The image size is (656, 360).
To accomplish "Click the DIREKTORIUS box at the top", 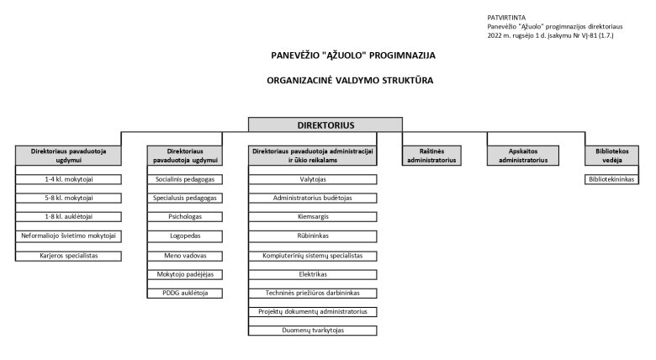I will pyautogui.click(x=314, y=124).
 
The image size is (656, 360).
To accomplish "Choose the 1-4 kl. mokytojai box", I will pyautogui.click(x=70, y=179).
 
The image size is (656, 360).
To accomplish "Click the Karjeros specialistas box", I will pyautogui.click(x=70, y=255).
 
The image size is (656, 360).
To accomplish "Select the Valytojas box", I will pyautogui.click(x=313, y=179).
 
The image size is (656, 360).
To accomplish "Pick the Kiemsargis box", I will pyautogui.click(x=313, y=217).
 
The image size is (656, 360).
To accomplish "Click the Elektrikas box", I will pyautogui.click(x=313, y=273).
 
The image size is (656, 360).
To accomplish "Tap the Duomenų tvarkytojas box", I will pyautogui.click(x=313, y=331).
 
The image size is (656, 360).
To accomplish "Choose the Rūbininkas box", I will pyautogui.click(x=313, y=236).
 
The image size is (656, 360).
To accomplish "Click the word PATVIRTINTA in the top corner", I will pyautogui.click(x=506, y=17).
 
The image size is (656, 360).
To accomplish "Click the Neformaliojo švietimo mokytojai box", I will pyautogui.click(x=70, y=236).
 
